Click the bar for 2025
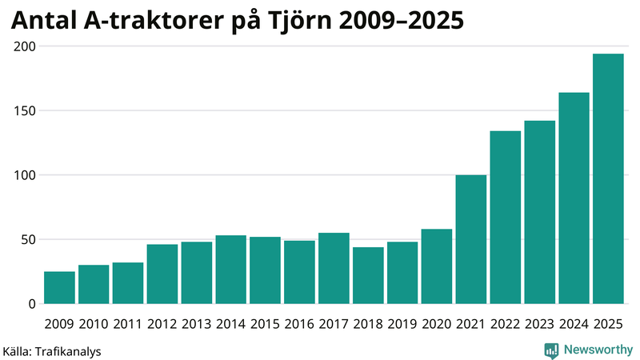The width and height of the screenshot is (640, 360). pyautogui.click(x=608, y=179)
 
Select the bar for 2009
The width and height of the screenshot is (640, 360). pyautogui.click(x=59, y=288)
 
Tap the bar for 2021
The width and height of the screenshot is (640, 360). pyautogui.click(x=471, y=239)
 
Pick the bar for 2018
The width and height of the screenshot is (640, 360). pyautogui.click(x=368, y=276)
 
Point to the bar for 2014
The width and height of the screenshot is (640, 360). pyautogui.click(x=231, y=270)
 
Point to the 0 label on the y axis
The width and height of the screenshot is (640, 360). pyautogui.click(x=33, y=304)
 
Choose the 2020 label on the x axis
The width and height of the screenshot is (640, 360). pyautogui.click(x=437, y=323)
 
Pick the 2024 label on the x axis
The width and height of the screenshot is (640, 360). pyautogui.click(x=574, y=323)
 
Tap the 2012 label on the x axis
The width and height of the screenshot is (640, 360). pyautogui.click(x=162, y=323)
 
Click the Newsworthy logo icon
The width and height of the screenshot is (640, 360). pyautogui.click(x=551, y=350)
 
